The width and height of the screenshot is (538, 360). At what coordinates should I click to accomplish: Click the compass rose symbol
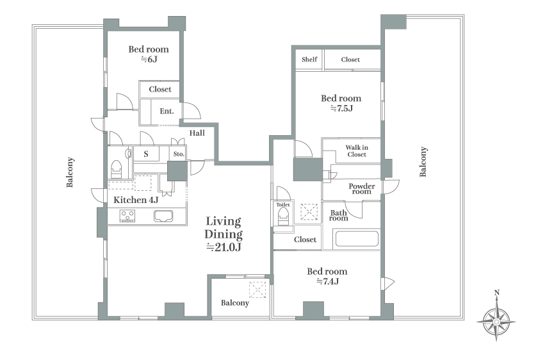496,322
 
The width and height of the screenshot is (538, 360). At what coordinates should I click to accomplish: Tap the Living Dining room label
224,234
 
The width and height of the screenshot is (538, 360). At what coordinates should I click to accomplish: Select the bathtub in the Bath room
357,238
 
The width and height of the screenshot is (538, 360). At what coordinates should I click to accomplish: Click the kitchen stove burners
127,216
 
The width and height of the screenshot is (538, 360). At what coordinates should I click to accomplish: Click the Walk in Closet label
357,151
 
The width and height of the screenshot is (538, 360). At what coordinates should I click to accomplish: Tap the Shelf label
309,60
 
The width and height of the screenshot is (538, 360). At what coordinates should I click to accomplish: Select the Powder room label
362,189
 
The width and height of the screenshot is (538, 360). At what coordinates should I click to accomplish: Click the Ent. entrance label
167,111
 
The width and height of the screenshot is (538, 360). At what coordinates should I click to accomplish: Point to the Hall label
197,133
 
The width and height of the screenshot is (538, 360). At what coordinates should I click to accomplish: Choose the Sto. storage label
179,154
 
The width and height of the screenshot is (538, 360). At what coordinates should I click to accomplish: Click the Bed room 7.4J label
327,276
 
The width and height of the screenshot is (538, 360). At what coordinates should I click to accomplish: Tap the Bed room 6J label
149,54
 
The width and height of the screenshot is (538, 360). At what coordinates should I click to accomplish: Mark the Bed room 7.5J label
341,103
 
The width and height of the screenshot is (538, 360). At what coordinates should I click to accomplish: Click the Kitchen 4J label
136,200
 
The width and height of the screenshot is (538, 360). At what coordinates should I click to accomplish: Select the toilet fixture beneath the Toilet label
283,217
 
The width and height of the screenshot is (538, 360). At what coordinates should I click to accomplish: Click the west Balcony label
70,172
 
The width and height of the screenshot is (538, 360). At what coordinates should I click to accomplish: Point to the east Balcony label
423,161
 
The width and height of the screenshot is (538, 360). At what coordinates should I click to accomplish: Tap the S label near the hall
146,154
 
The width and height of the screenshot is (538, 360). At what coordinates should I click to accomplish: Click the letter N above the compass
496,293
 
